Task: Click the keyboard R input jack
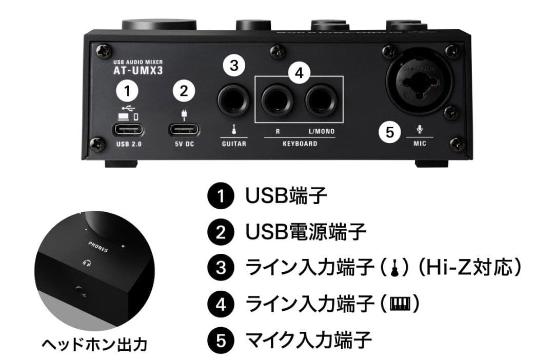pyautogui.click(x=278, y=99)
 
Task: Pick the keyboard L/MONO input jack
pyautogui.click(x=321, y=99)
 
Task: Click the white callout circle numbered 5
pyautogui.click(x=390, y=132)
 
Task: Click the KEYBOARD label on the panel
pyautogui.click(x=300, y=144)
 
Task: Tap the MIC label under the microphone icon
pyautogui.click(x=420, y=144)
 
